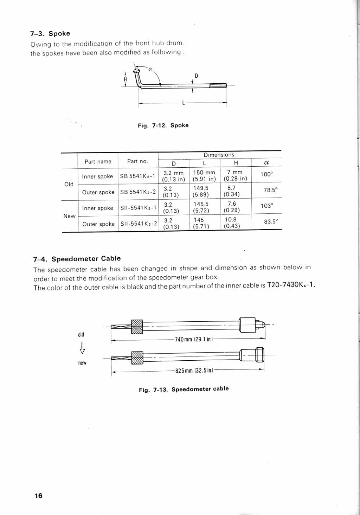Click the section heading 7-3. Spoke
click(50, 33)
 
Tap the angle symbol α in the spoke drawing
click(150, 69)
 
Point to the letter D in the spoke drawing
click(196, 76)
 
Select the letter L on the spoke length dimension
click(183, 103)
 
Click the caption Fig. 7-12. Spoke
click(163, 125)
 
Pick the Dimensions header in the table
click(219, 155)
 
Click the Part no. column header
click(137, 161)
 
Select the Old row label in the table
click(69, 184)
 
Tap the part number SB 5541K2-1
click(137, 176)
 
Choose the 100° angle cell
click(266, 174)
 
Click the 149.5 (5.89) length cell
click(201, 192)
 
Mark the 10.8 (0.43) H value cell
click(231, 223)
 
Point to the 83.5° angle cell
click(271, 222)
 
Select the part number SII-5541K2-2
click(139, 224)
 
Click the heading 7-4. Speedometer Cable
click(77, 259)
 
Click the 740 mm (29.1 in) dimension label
click(194, 339)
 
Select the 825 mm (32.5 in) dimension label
click(194, 371)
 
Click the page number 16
click(38, 496)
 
